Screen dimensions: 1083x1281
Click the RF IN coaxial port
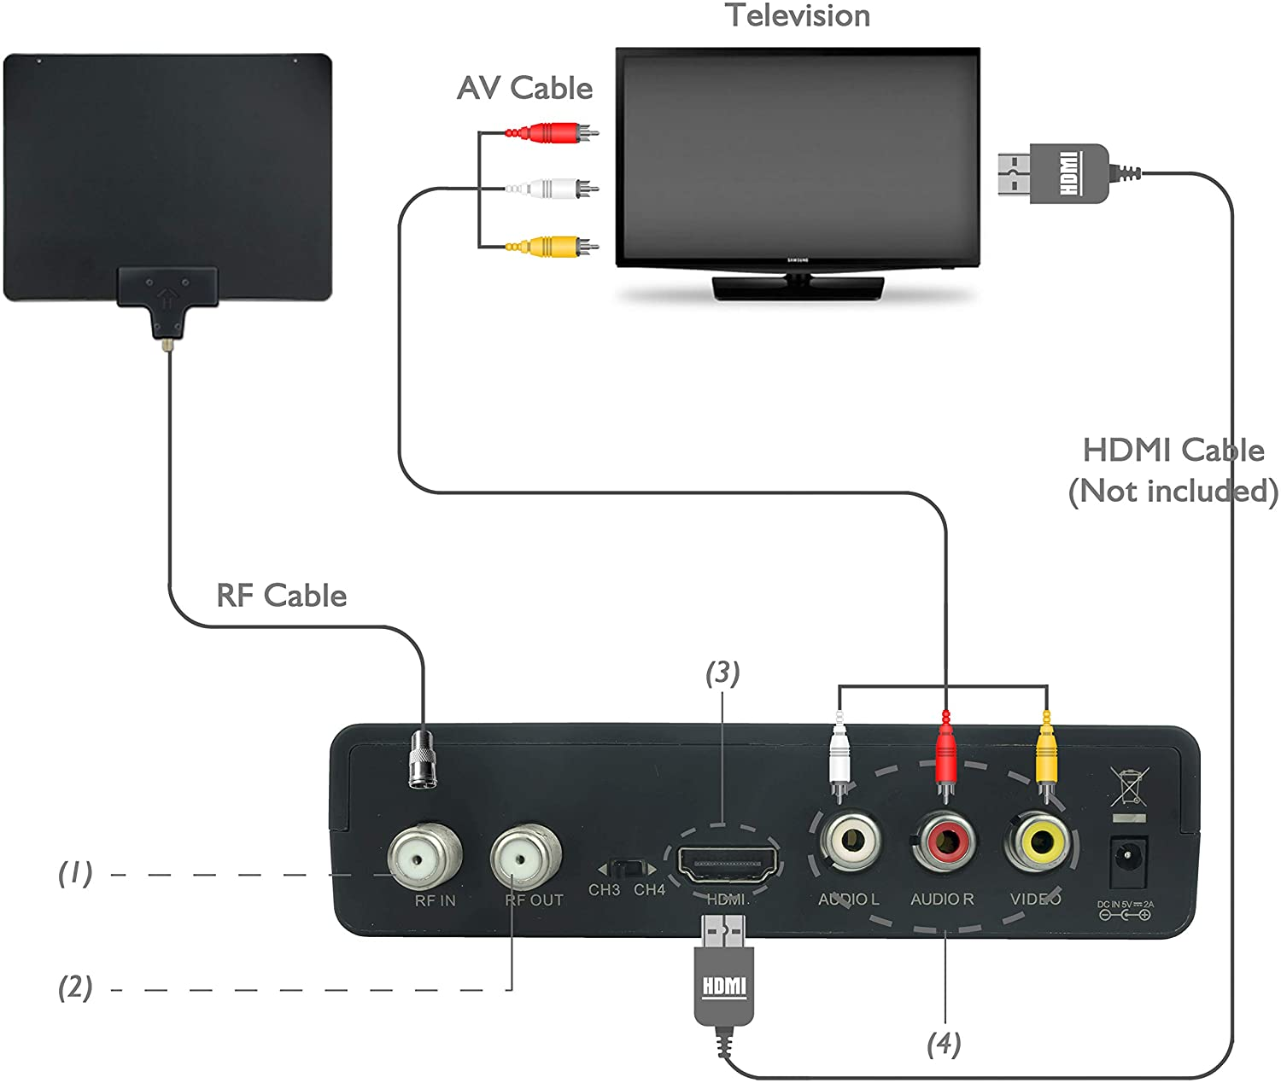424,856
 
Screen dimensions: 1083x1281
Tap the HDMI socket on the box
728,864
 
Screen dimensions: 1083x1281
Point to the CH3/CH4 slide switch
628,870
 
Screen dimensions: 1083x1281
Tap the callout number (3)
722,673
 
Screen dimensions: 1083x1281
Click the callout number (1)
75,872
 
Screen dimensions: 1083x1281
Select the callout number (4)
944,1043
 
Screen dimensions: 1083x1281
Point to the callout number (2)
75,987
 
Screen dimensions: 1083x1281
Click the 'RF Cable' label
281,595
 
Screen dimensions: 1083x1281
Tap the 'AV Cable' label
524,88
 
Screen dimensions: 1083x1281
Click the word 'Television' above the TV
798,15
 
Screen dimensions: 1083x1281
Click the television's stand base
797,288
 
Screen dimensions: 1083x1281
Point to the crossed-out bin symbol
1127,787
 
